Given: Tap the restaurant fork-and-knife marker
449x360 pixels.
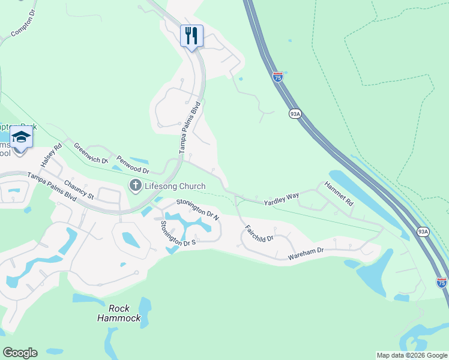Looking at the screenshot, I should tap(191, 35).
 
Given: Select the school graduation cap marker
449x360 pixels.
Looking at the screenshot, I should tap(22, 137).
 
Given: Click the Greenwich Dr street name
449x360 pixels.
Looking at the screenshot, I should tap(91, 153).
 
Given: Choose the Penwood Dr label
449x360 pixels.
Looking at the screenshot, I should tap(132, 165).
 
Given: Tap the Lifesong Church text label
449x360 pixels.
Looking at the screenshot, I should tap(175, 186).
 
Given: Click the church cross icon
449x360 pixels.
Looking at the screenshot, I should tap(135, 186).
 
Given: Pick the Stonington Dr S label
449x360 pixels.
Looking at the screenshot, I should tap(178, 234).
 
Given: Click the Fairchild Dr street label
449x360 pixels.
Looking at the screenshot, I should tap(259, 233).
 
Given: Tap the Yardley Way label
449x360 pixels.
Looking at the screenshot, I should tap(282, 199).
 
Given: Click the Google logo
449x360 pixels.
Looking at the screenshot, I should tap(20, 353).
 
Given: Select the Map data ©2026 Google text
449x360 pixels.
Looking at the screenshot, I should tap(411, 355).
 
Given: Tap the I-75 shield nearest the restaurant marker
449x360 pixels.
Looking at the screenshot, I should tap(277, 76).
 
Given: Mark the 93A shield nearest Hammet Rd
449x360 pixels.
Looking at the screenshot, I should tap(423, 231).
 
